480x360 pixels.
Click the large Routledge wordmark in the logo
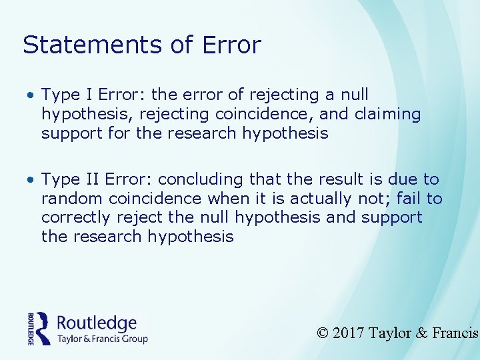click(97, 323)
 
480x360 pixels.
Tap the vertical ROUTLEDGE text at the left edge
click(31, 327)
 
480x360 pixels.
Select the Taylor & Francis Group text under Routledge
click(102, 339)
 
